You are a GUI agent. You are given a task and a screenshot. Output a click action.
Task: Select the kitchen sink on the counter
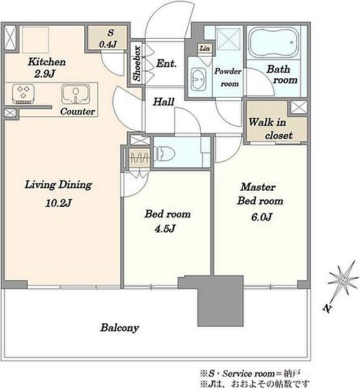[x=76, y=94]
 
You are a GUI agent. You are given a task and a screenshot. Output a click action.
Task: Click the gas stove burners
[x=23, y=94]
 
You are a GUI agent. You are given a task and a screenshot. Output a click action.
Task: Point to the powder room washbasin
[x=199, y=79]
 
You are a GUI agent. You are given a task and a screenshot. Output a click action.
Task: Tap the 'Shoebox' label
[x=137, y=63]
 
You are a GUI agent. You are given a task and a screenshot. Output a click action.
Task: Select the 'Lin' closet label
[x=205, y=48]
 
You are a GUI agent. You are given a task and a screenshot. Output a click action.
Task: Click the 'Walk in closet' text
[x=270, y=129]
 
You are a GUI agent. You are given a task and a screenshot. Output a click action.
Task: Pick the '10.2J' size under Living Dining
[x=58, y=203]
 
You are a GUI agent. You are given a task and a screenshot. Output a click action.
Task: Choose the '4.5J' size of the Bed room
[x=165, y=228]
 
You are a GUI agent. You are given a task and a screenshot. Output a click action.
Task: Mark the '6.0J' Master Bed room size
[x=262, y=217]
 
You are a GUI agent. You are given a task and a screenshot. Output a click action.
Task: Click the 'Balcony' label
[x=119, y=328]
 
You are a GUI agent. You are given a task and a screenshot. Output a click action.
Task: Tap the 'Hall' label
[x=164, y=102]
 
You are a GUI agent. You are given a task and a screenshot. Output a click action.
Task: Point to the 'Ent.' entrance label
[x=166, y=63]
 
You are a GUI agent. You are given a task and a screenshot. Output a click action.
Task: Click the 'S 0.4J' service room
[x=108, y=38]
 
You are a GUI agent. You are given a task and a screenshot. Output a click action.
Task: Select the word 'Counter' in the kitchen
[x=78, y=111]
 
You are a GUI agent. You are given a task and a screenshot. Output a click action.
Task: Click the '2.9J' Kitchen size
[x=45, y=74]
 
